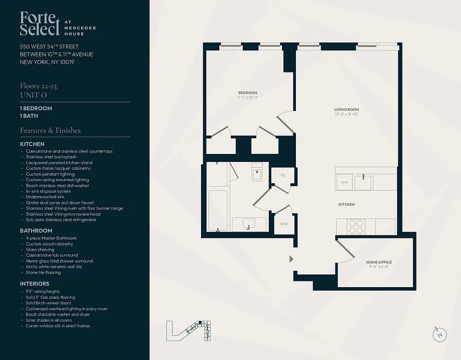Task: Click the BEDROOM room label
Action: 247,93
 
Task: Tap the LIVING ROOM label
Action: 346,109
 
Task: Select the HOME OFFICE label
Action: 379,262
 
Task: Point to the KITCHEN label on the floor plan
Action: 346,204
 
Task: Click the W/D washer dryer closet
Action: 284,224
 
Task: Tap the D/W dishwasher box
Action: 345,182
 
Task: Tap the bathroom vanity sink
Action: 247,224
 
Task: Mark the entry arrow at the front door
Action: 291,259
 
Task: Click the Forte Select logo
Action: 40,23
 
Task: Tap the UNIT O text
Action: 33,95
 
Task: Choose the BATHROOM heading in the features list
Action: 36,231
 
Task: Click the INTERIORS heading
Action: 35,284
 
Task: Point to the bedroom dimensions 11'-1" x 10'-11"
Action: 247,98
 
